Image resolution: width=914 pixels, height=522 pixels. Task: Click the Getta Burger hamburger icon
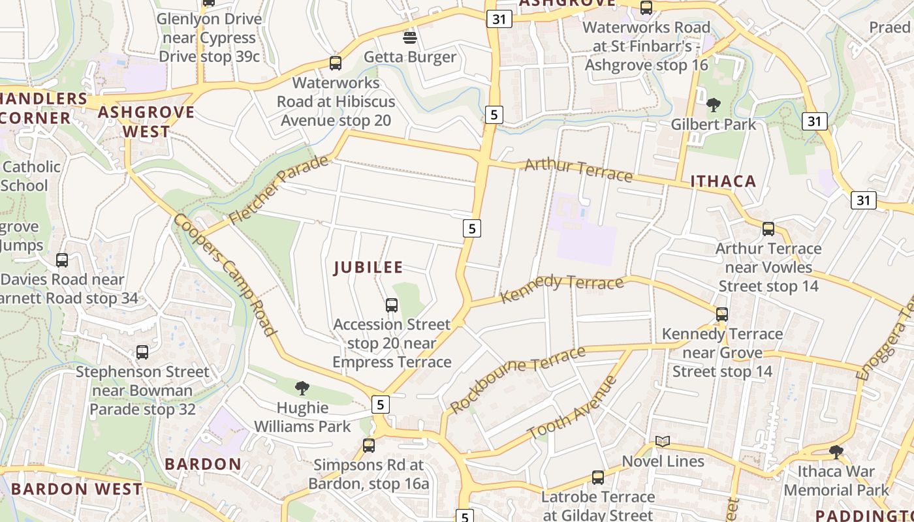click(x=410, y=37)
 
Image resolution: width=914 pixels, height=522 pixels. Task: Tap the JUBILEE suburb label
click(x=368, y=268)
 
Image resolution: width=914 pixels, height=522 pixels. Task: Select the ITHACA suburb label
click(x=723, y=181)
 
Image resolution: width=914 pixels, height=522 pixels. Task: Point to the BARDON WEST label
click(x=76, y=489)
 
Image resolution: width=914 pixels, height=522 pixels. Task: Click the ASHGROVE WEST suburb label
click(x=146, y=121)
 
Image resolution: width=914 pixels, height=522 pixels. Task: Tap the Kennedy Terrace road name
click(x=562, y=288)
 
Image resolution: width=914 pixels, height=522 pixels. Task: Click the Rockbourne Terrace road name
click(x=518, y=380)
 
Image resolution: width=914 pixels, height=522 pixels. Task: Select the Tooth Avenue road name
click(x=572, y=408)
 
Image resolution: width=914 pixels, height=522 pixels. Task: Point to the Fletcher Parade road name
click(x=279, y=189)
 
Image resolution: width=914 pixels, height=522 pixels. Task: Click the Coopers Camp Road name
click(x=225, y=274)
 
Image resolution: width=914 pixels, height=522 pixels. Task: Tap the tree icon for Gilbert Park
click(x=713, y=105)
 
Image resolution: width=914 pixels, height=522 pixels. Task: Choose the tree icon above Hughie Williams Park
click(x=302, y=388)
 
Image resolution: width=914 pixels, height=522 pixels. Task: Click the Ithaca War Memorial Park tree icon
click(x=836, y=452)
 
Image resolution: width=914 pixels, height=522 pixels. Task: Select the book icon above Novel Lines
click(x=663, y=442)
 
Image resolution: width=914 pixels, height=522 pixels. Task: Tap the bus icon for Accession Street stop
click(x=392, y=305)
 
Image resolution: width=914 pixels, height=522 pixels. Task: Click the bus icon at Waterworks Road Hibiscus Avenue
click(x=336, y=63)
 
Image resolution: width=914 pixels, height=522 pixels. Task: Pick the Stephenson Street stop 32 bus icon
click(x=142, y=352)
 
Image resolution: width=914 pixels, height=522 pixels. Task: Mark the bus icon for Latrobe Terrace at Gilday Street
click(x=598, y=478)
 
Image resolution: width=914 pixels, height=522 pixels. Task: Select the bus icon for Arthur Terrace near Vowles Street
click(x=768, y=229)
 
